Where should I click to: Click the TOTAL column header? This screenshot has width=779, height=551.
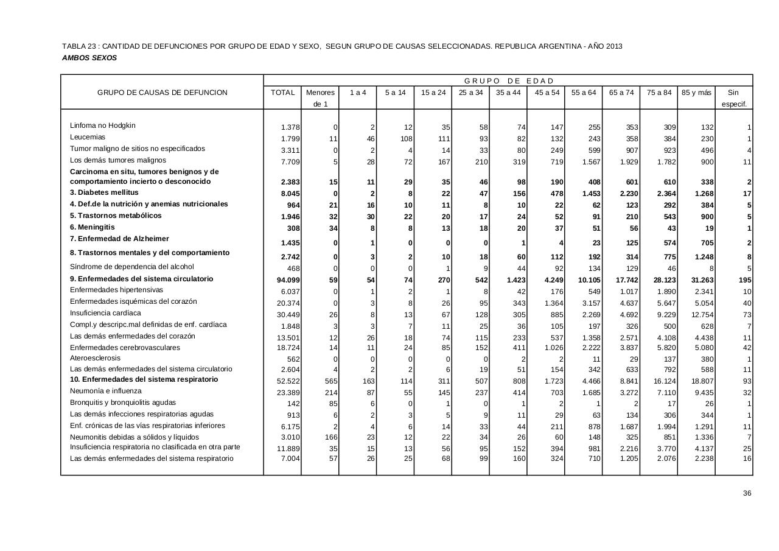point(283,93)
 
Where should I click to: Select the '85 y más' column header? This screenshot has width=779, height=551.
point(696,93)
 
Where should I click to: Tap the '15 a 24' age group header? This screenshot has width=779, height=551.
point(433,93)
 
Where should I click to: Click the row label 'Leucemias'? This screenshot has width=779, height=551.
point(88,137)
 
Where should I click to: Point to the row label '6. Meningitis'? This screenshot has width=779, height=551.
point(93,227)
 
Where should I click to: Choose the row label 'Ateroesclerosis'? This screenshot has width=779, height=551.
point(95,358)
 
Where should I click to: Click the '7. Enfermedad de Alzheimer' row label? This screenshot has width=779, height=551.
point(119,239)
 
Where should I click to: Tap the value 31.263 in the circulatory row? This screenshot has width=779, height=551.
point(700,280)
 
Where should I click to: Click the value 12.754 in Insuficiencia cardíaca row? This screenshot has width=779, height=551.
point(700,315)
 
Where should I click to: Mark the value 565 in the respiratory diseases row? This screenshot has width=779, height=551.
point(329,381)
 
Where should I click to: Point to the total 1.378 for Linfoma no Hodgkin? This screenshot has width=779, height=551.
point(290,127)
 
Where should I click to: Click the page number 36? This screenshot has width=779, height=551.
point(747,493)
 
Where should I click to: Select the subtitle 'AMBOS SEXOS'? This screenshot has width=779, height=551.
point(89,58)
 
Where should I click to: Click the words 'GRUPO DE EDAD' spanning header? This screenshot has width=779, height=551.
point(509,81)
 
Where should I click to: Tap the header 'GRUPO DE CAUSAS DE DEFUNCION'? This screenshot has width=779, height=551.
point(162,93)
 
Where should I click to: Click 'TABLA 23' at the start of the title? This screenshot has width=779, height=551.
point(79,46)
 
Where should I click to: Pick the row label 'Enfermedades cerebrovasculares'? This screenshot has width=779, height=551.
point(125,348)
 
